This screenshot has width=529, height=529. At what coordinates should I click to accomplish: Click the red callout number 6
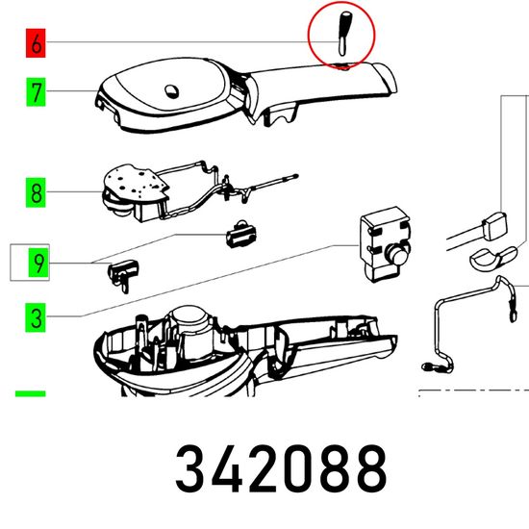(36, 43)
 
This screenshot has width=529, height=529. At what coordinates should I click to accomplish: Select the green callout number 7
(36, 92)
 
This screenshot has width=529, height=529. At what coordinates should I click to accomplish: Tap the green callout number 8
(36, 193)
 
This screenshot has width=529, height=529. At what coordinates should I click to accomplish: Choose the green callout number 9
(38, 263)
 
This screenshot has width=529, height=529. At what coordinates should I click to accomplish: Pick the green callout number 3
(36, 317)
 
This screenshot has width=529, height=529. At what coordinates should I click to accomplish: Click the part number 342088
(281, 468)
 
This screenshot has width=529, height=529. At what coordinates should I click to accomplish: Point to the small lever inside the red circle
(343, 34)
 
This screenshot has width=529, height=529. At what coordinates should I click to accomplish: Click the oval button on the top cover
(172, 91)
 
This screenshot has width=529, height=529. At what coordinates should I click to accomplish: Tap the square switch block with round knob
(386, 243)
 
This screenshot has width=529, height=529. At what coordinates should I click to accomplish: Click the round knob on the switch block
(398, 252)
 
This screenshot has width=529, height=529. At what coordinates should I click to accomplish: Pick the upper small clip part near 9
(240, 234)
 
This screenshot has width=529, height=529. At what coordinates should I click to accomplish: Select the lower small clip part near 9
(123, 274)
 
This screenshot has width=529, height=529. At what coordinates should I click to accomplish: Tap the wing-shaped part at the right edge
(493, 258)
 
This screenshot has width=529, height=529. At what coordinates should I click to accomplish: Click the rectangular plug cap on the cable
(495, 226)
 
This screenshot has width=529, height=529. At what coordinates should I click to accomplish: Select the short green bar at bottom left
(31, 393)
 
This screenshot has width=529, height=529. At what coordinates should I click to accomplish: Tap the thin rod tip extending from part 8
(295, 176)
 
